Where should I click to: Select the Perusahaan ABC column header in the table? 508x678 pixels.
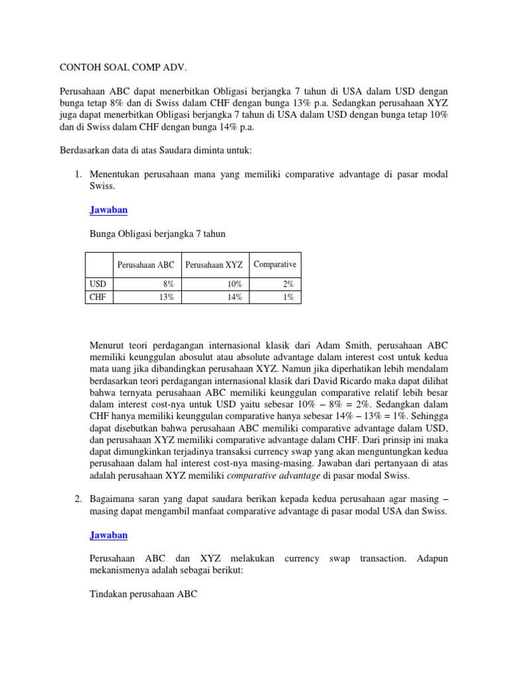point(146,265)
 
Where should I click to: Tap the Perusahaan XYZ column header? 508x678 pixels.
point(214,265)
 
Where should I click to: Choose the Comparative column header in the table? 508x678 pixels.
point(275,264)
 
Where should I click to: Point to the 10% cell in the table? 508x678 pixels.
point(234,284)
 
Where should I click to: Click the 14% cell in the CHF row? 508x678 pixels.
point(234,297)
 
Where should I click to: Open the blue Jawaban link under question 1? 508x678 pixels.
point(108,210)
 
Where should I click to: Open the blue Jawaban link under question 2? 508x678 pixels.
point(108,534)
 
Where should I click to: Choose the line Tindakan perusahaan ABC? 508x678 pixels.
point(143,594)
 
